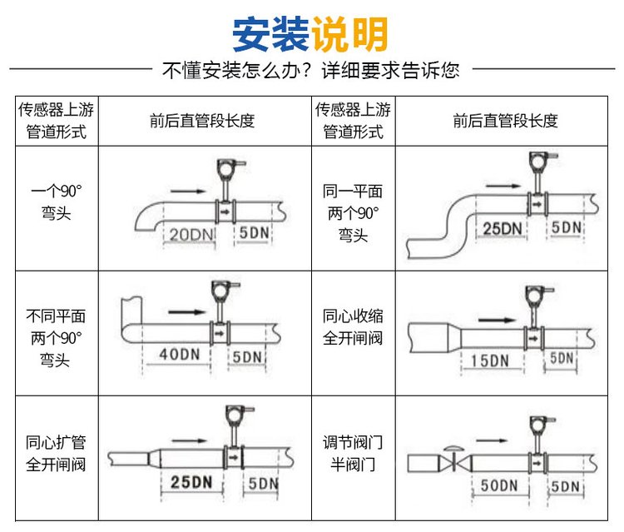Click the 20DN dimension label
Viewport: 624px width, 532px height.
click(x=191, y=235)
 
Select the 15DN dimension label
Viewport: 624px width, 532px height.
click(x=488, y=361)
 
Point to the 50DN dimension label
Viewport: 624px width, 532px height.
click(x=501, y=485)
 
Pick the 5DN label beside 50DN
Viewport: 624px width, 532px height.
click(x=565, y=485)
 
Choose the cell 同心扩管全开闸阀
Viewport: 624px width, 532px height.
click(x=56, y=453)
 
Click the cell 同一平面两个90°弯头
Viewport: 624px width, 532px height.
click(x=353, y=212)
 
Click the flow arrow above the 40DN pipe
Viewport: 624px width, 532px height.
click(x=186, y=312)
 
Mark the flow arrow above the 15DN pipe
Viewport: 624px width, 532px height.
click(x=497, y=317)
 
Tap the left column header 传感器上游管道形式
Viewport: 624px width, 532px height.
click(x=56, y=120)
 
